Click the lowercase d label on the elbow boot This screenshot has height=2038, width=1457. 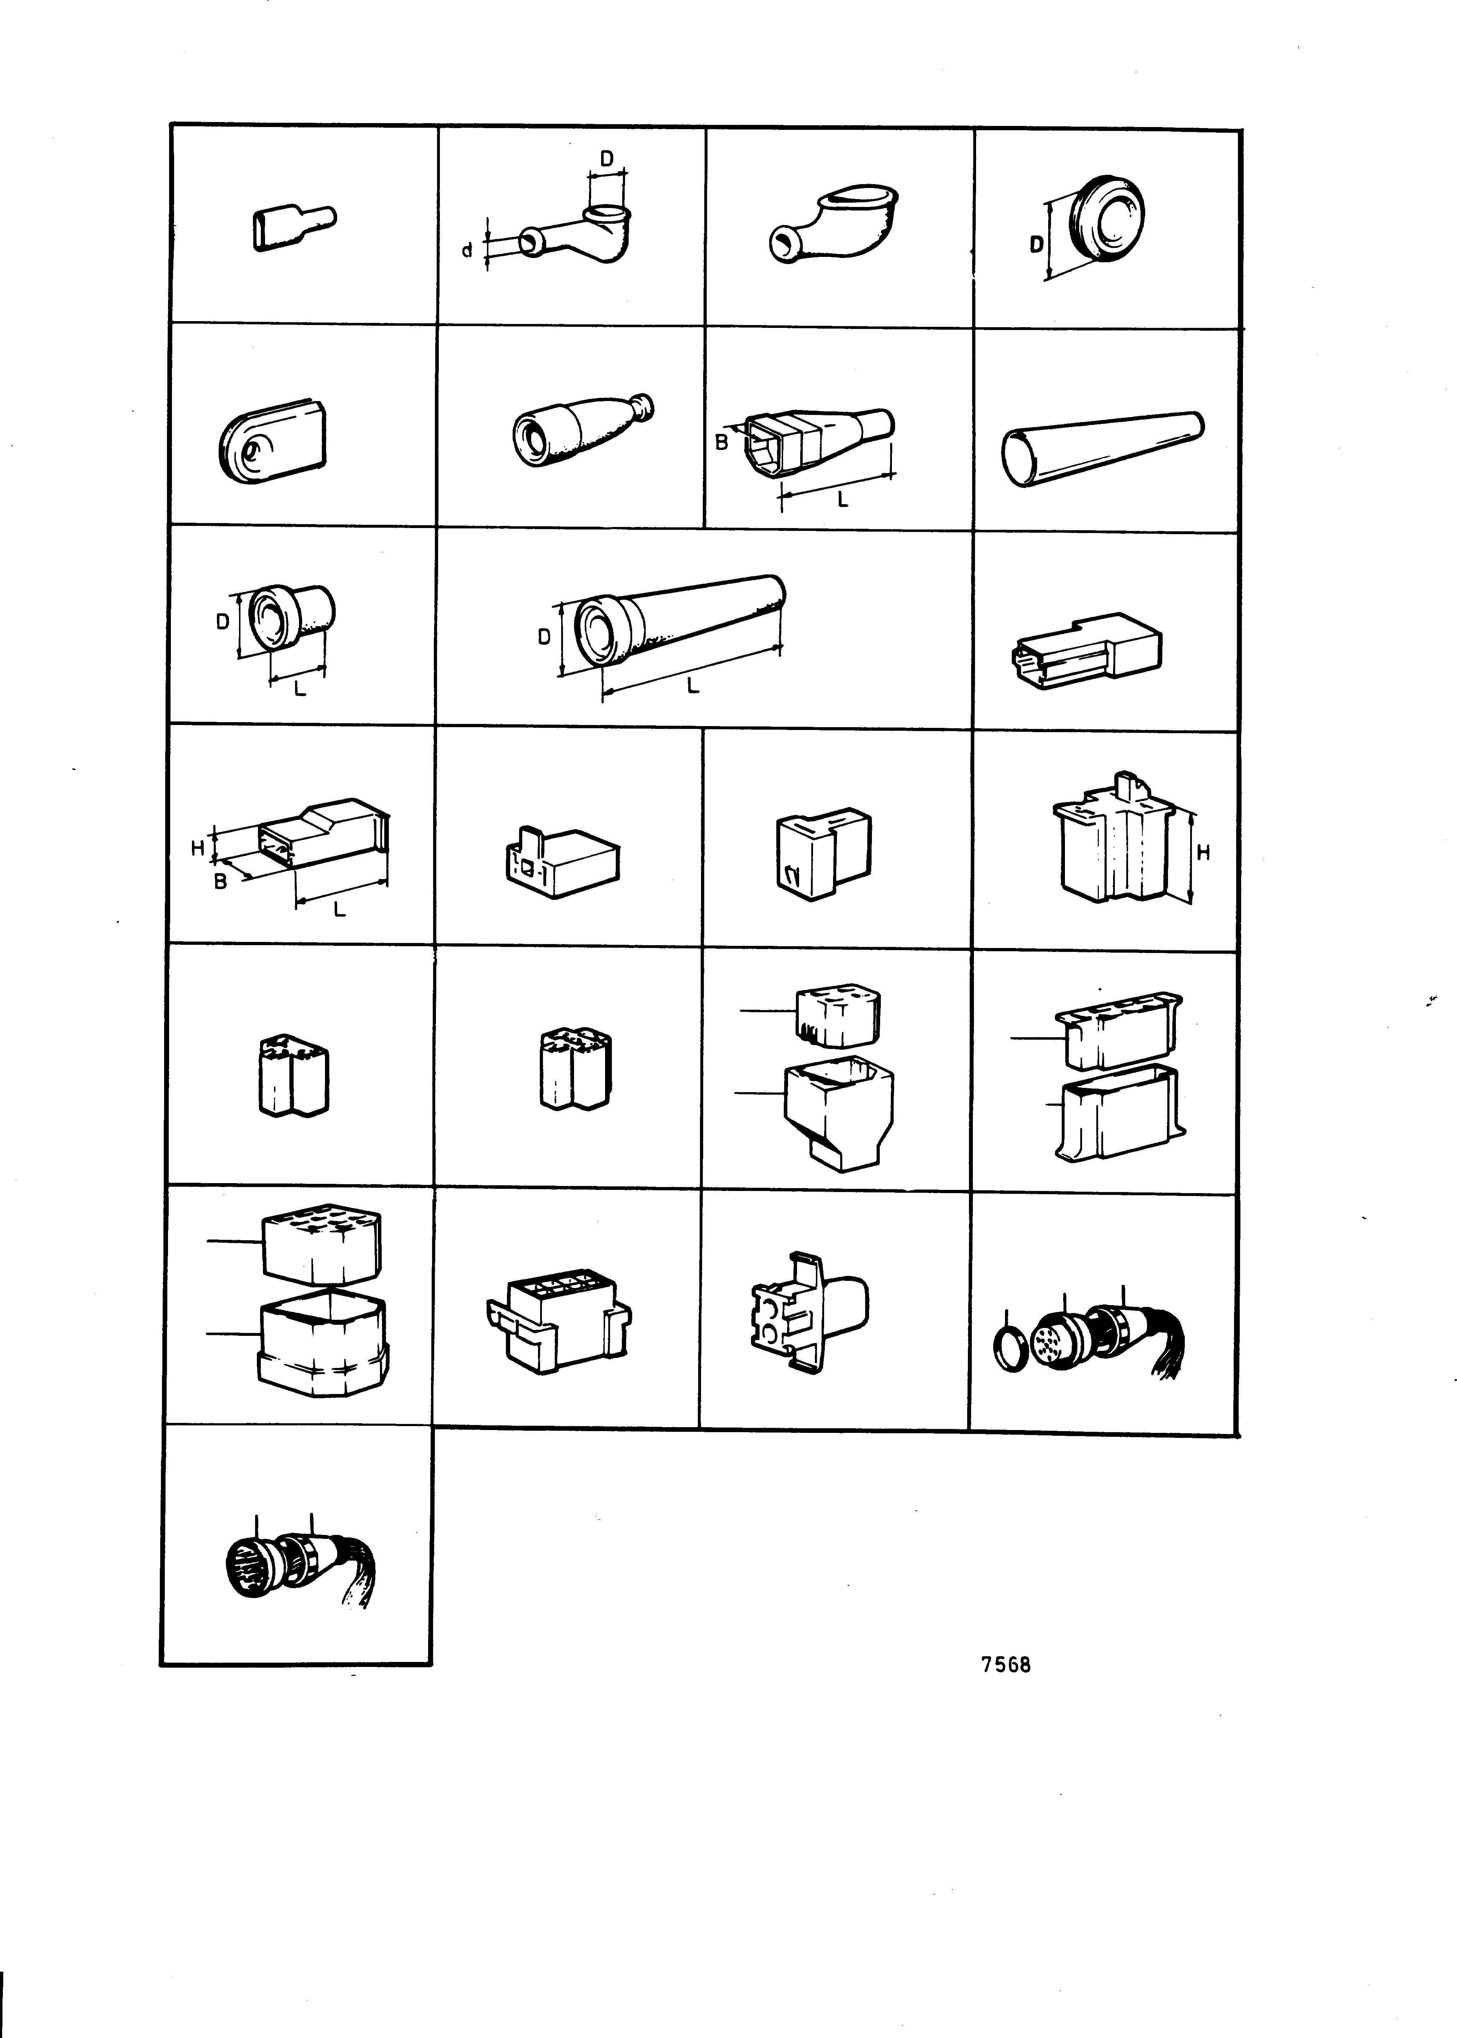467,251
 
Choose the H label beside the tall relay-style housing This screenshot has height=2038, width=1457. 1204,853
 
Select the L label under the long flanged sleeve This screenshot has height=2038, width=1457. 692,686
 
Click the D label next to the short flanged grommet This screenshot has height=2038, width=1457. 223,621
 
